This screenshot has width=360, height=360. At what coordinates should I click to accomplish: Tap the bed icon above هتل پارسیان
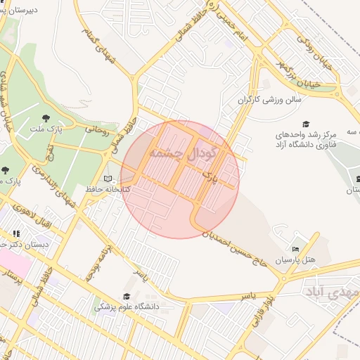coord(295,249)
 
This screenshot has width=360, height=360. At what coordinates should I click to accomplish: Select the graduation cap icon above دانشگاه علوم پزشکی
coord(127,296)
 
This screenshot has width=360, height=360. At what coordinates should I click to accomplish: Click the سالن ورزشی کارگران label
coord(269,100)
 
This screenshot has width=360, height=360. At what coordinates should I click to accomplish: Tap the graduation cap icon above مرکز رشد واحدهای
coord(305,124)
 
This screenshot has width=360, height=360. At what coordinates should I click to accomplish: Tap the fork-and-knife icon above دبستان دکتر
coord(16,233)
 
